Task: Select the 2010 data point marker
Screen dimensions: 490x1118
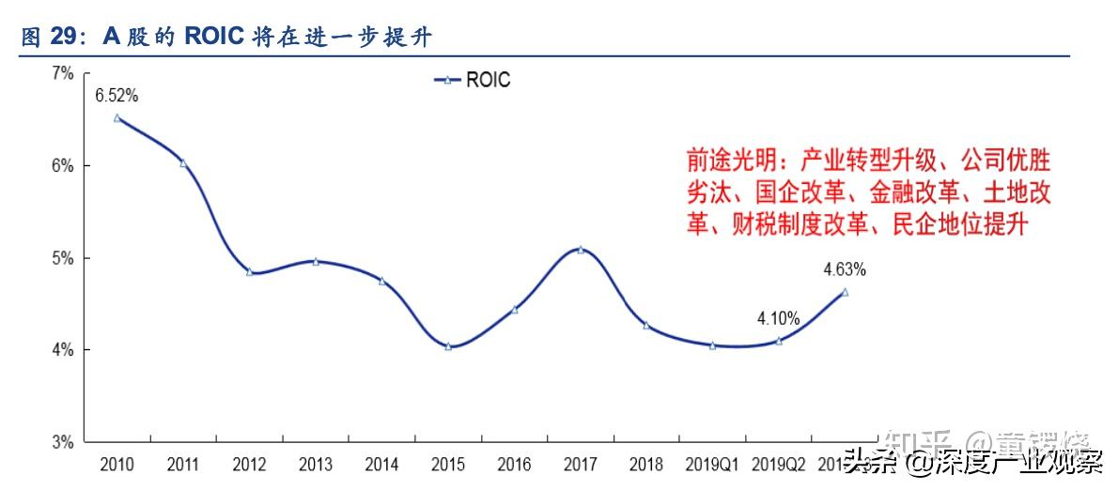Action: point(116,118)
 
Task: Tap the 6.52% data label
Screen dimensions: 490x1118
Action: point(116,96)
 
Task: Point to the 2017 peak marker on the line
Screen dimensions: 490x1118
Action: point(581,250)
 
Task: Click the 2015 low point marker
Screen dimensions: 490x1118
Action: point(448,346)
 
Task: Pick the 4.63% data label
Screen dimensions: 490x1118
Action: point(845,270)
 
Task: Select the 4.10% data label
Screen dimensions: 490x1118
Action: point(779,319)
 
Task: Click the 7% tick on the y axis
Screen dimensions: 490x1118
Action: point(62,73)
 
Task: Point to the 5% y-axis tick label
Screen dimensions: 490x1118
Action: point(62,258)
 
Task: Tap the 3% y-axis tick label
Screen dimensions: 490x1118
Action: point(62,442)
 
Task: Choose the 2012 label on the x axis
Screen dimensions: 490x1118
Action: point(249,465)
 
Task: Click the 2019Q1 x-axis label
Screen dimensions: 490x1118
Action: point(712,465)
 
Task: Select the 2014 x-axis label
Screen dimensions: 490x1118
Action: point(381,465)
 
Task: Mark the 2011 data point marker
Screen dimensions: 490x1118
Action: point(183,163)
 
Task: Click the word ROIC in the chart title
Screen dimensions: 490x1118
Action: point(216,36)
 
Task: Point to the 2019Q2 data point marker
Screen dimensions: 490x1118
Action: point(779,341)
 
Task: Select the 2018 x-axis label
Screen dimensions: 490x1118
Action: point(646,465)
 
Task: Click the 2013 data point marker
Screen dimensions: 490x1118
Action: point(316,261)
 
